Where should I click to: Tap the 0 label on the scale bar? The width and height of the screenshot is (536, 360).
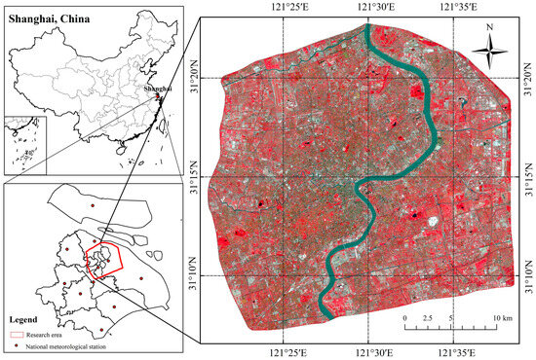pos(404,318)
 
